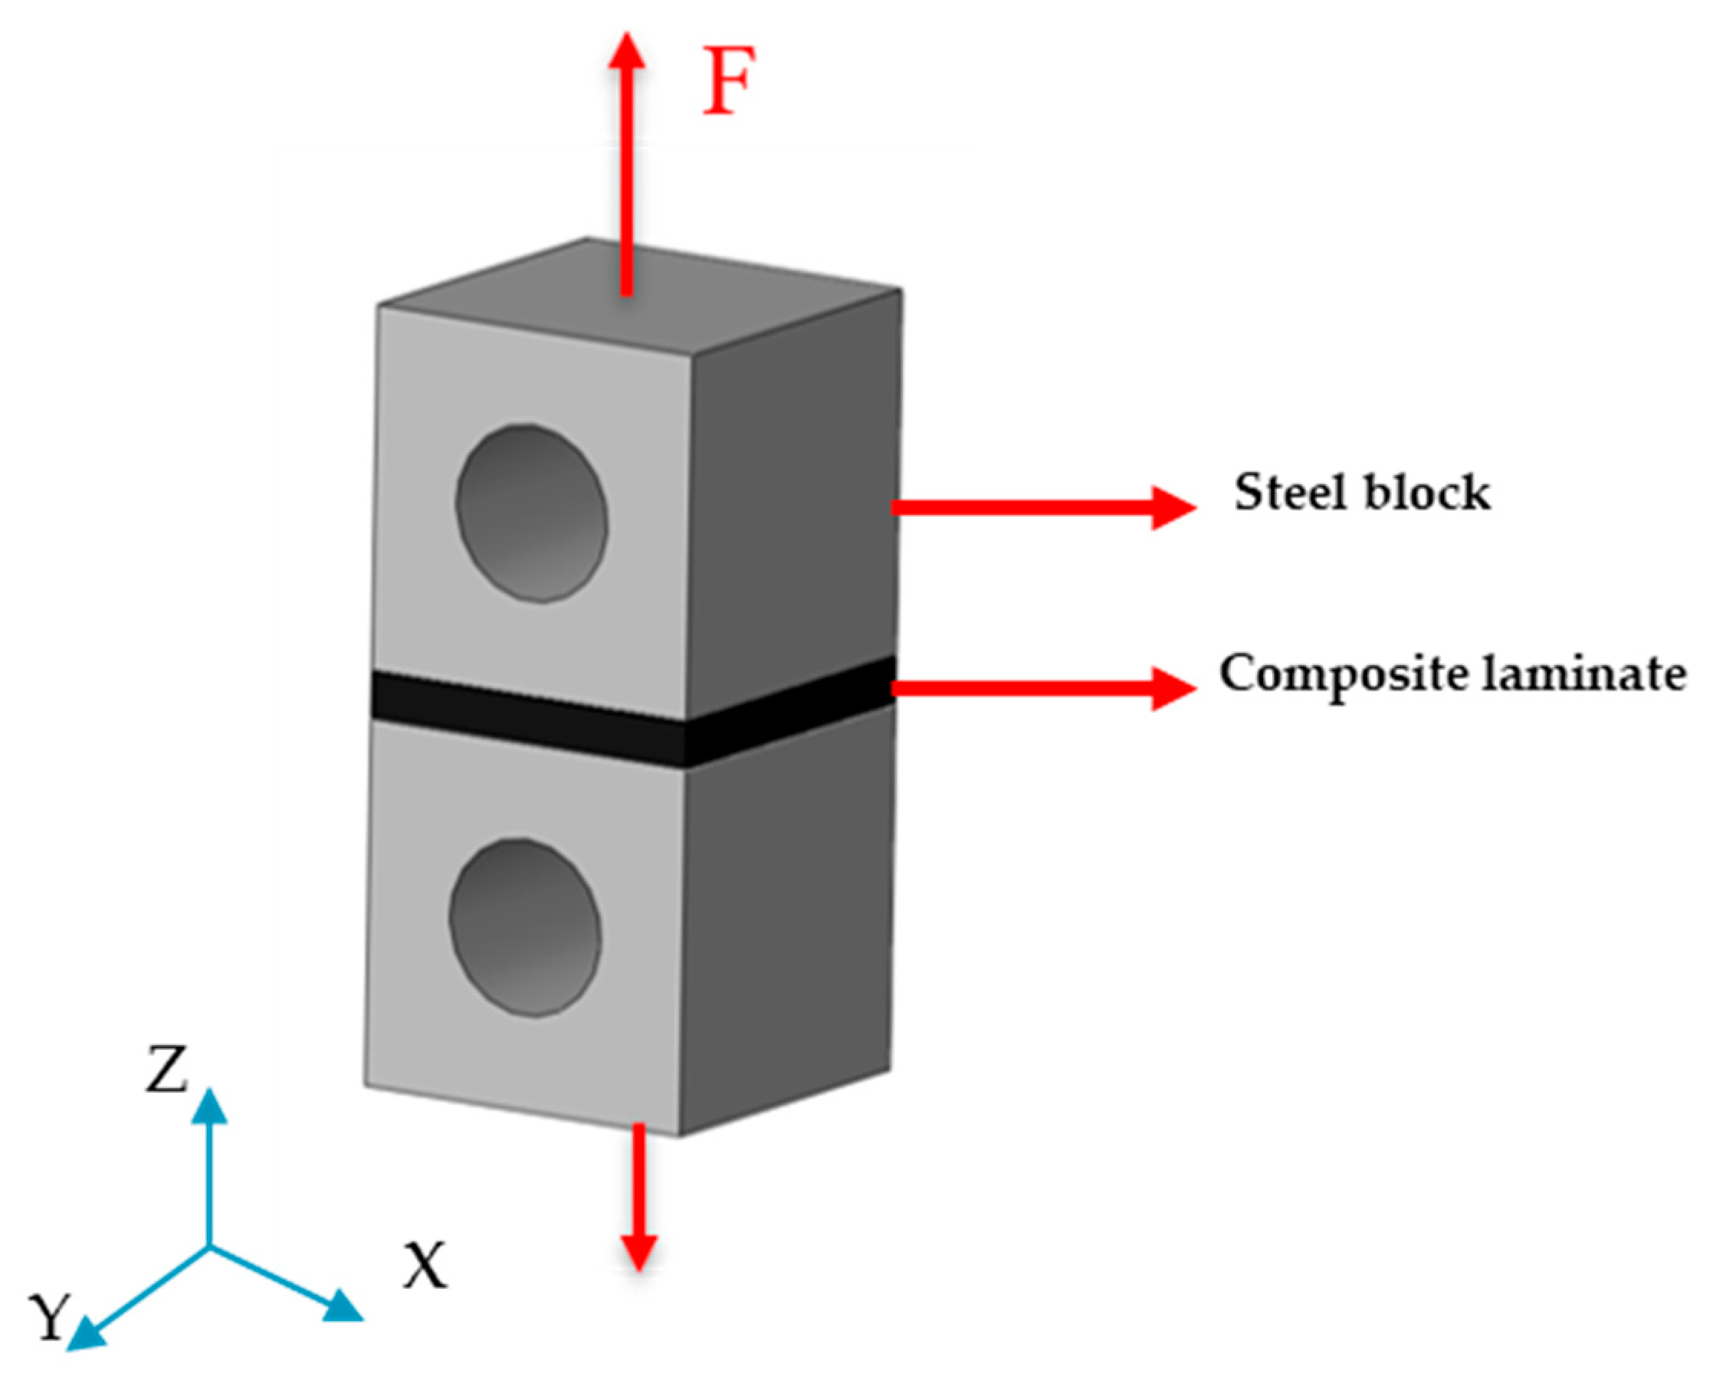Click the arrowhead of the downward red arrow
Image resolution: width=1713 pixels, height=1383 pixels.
639,1252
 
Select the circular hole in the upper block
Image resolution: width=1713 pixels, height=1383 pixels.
531,513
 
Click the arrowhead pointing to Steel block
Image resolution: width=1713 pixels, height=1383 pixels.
1175,507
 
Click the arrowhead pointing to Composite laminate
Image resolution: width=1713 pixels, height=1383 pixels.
1175,687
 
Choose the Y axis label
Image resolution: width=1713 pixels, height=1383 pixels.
49,1317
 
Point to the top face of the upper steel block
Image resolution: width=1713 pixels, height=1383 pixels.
638,295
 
